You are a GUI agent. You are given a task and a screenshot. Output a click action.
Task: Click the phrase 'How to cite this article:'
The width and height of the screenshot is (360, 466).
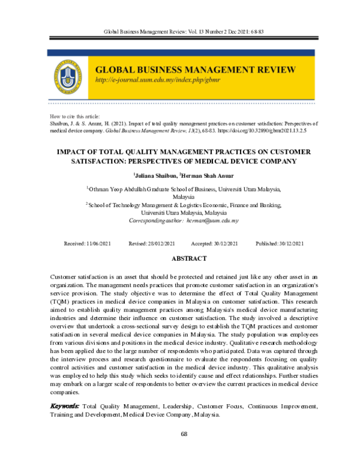(74, 115)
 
